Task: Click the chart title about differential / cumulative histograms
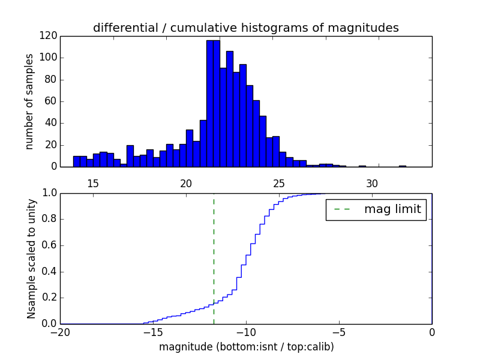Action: [x=246, y=28]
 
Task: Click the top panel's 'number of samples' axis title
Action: [x=29, y=101]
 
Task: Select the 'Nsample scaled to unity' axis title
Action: [x=31, y=258]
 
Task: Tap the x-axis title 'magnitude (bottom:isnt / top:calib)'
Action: [x=246, y=347]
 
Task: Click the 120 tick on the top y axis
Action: [x=49, y=36]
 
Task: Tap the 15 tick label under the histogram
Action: [x=93, y=183]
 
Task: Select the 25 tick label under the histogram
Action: [x=279, y=183]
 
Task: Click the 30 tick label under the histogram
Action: [x=372, y=183]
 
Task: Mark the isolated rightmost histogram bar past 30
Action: [x=402, y=166]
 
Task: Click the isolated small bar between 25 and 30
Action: [x=362, y=166]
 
